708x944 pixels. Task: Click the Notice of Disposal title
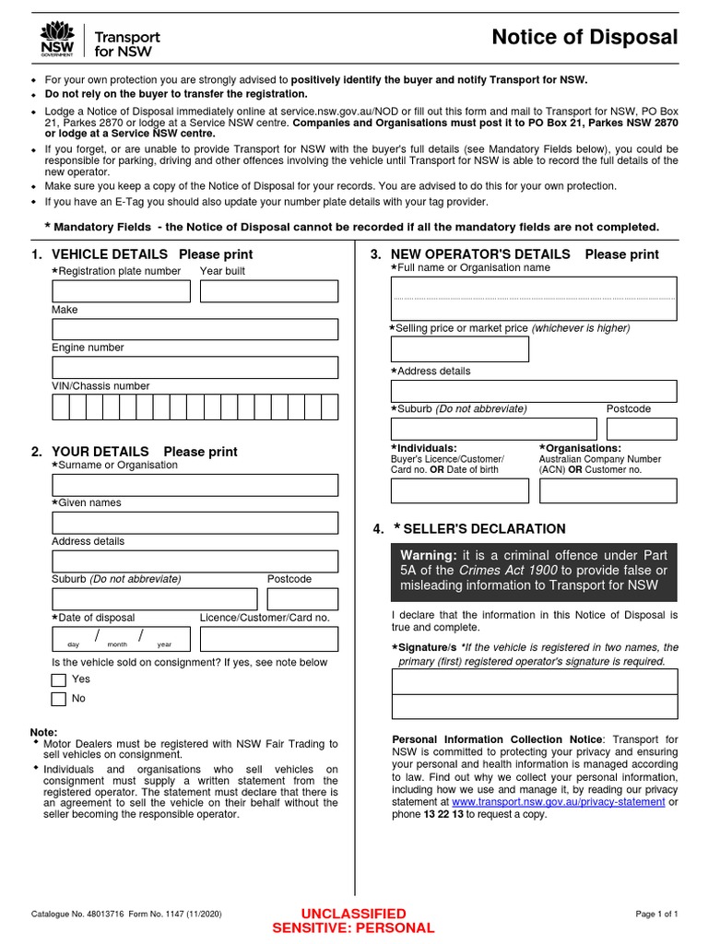coord(584,38)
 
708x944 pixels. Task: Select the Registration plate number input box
coord(121,291)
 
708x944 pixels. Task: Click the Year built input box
coord(268,291)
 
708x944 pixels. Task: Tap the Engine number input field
coord(195,368)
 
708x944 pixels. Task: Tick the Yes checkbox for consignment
coord(59,680)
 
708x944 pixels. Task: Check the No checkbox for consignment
coord(59,699)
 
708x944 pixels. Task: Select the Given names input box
coord(195,523)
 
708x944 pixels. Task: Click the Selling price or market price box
coord(460,349)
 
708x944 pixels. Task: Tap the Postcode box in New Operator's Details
coord(641,429)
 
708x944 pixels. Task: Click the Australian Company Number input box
coord(608,490)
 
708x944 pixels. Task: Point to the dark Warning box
coord(534,572)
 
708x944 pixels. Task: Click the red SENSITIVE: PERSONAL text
coord(353,928)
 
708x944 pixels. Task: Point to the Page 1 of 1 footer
coord(656,914)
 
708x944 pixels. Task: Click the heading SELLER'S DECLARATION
coord(484,529)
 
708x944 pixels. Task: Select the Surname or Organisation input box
coord(195,485)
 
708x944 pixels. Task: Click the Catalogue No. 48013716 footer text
coord(126,914)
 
